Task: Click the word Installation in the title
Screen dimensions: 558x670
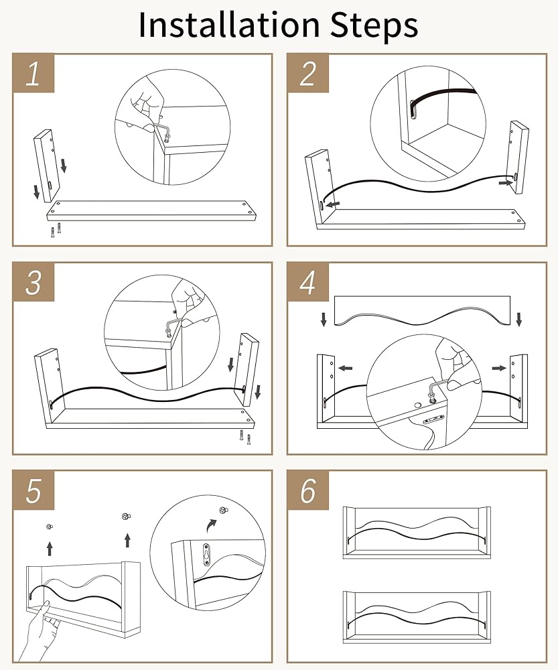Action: click(x=228, y=25)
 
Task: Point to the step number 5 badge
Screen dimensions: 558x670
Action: click(x=33, y=490)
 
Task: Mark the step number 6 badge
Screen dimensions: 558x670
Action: click(x=307, y=490)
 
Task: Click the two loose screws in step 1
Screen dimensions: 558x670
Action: click(x=55, y=230)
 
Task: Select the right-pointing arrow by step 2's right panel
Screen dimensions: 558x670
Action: click(x=504, y=181)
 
